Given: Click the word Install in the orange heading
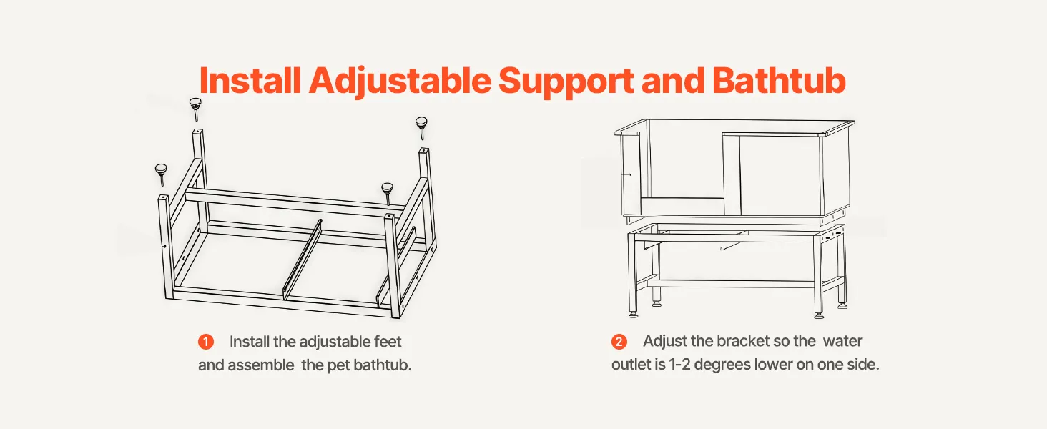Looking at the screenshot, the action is pos(250,80).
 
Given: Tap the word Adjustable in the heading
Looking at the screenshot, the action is pos(400,82).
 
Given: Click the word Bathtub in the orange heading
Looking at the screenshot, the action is pos(780,80).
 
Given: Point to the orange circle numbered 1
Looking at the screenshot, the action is pos(206,342).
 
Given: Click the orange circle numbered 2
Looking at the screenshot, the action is pos(619,342).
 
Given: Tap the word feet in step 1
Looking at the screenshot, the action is pos(388,342).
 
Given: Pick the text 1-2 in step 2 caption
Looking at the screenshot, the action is pos(679,365).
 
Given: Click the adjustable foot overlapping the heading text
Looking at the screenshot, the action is pos(195,109).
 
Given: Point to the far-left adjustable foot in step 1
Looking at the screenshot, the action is pos(161,174).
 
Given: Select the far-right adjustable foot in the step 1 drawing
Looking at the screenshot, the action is pos(422,127).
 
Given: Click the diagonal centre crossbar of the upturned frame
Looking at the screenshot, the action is pos(303,260).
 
